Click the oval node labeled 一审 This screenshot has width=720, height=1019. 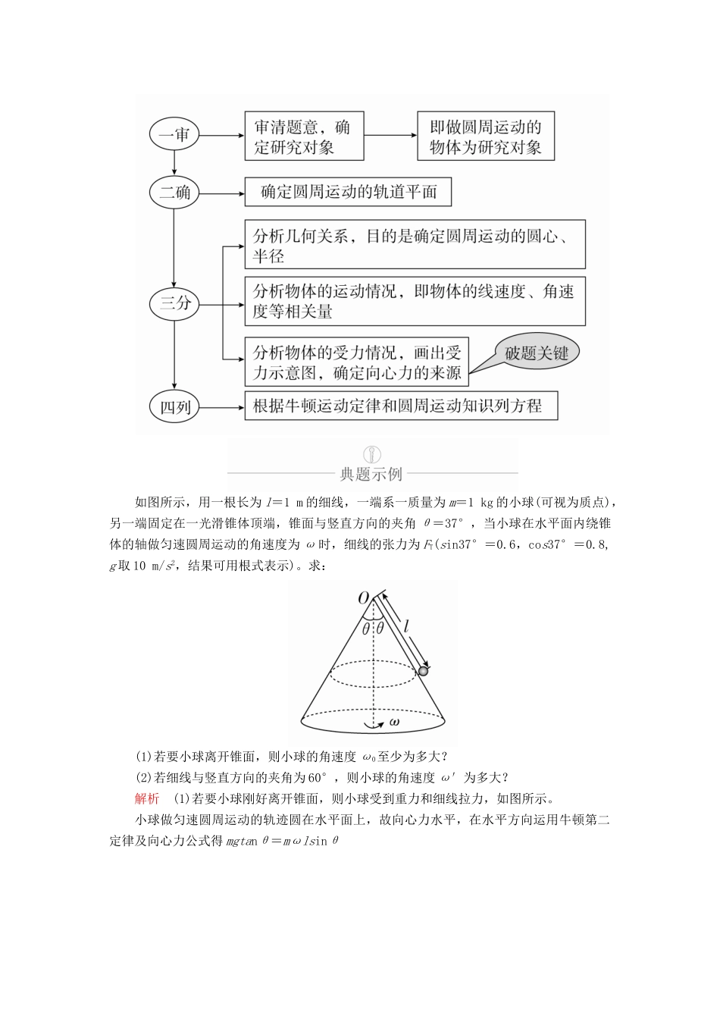[174, 136]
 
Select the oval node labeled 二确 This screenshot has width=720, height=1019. [174, 193]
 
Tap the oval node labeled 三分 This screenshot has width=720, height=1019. [174, 304]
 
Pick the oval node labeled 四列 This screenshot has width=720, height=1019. [174, 407]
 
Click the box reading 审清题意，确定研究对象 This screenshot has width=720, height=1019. [303, 136]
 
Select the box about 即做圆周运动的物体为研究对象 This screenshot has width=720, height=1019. [485, 136]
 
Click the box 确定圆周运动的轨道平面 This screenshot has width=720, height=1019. [348, 193]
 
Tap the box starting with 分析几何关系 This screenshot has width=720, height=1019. [415, 244]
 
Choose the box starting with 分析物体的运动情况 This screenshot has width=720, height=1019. [415, 301]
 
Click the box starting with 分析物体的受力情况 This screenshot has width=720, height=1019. [356, 362]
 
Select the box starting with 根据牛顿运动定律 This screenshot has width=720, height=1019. [401, 406]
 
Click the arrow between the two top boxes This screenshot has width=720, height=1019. [390, 136]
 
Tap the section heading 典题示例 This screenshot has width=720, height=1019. [371, 475]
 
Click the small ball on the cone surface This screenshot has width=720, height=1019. [424, 670]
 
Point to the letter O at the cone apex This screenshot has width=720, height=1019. [363, 598]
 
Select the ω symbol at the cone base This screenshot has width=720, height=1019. [394, 723]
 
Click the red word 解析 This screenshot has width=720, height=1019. [147, 798]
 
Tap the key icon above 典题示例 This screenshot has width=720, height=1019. [371, 455]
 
